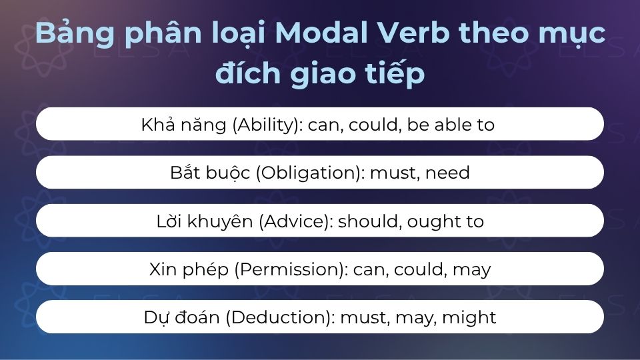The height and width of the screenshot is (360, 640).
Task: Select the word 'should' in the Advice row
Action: tap(367, 221)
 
